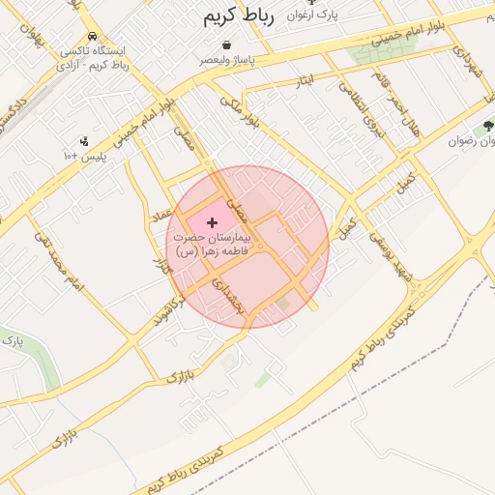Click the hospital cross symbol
(x=213, y=223)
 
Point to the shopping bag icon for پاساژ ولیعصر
(x=226, y=44)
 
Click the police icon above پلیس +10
(x=84, y=141)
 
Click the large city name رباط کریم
(x=240, y=16)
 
